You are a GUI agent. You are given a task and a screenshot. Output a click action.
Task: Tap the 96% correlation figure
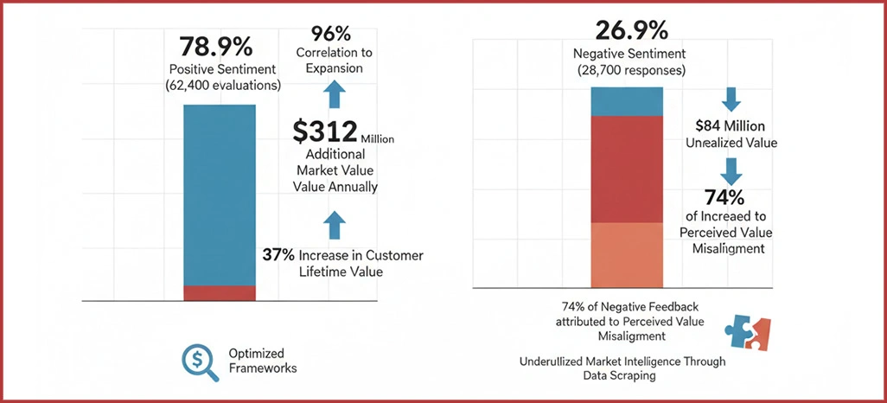(332, 34)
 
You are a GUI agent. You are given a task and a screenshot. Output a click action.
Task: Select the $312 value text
(325, 131)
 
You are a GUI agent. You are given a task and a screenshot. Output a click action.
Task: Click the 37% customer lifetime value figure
(277, 255)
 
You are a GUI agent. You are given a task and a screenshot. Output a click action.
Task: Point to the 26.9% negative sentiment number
(631, 30)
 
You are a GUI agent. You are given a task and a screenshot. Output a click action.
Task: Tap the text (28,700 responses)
(631, 70)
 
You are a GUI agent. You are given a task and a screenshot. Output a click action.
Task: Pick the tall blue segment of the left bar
(220, 195)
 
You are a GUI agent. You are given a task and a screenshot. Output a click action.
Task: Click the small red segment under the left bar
(220, 293)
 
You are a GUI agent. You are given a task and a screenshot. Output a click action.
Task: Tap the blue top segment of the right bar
(627, 100)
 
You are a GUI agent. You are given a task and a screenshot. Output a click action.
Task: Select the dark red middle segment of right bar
(627, 169)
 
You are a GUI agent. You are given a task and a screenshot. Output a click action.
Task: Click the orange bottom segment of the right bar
(627, 254)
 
